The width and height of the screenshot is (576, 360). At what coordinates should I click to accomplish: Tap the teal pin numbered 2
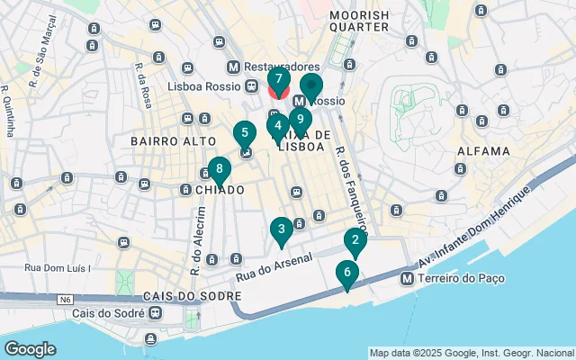[x=355, y=242]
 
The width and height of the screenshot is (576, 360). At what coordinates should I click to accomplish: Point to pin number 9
[x=301, y=119]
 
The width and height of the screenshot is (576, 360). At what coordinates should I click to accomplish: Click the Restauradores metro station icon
[x=234, y=67]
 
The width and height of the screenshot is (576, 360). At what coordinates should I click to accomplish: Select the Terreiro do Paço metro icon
[x=408, y=279]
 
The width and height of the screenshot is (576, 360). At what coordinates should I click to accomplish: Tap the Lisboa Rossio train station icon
[x=249, y=86]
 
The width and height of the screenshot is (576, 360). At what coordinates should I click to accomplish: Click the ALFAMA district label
[x=484, y=151]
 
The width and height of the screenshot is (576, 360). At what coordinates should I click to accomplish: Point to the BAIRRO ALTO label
[x=173, y=141]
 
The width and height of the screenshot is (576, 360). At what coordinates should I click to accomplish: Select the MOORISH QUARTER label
[x=359, y=21]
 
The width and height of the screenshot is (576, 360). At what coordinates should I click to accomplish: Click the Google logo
[x=30, y=348]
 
